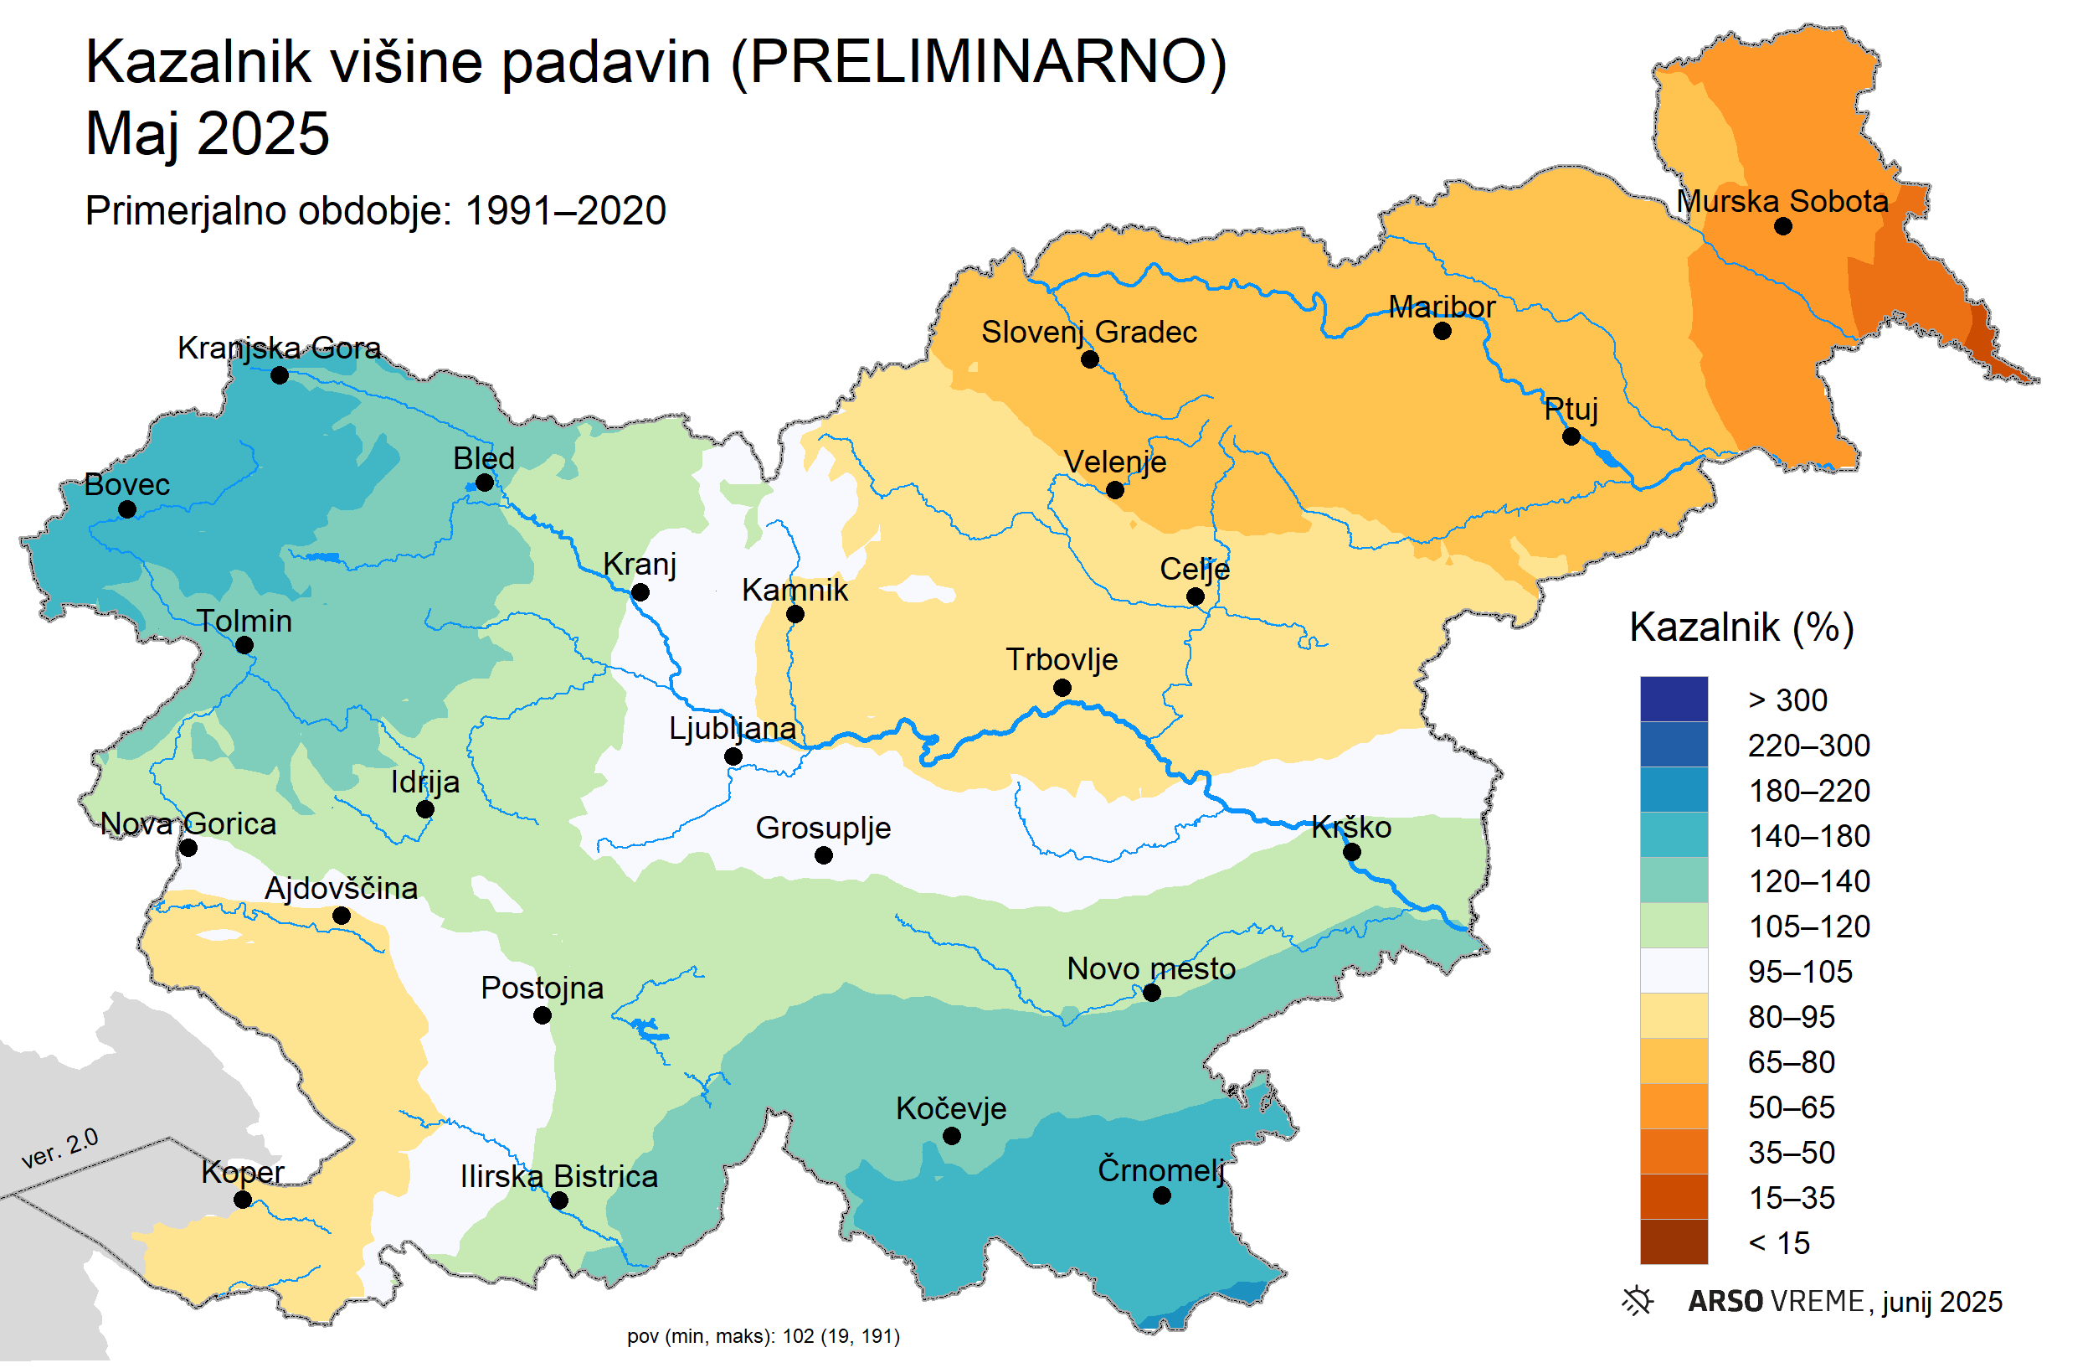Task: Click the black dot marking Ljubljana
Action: coord(733,756)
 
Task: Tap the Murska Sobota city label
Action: coord(1782,201)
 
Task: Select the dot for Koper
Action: coord(244,1199)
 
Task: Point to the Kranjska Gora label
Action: coord(279,348)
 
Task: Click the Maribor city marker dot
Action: coord(1442,332)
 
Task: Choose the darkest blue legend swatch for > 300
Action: coord(1673,699)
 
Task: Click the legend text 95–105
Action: coord(1799,971)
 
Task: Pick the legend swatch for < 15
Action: coord(1673,1242)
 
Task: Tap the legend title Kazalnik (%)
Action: coord(1741,627)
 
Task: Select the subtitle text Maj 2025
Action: coord(207,134)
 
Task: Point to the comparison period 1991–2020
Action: coord(564,211)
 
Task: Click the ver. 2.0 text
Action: coord(59,1148)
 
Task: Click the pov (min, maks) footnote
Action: coord(763,1336)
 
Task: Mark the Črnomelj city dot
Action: coord(1161,1195)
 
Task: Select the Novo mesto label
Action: coord(1150,968)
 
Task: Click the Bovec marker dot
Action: coord(126,509)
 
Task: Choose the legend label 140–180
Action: coord(1808,836)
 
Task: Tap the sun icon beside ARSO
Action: coord(1637,1301)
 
